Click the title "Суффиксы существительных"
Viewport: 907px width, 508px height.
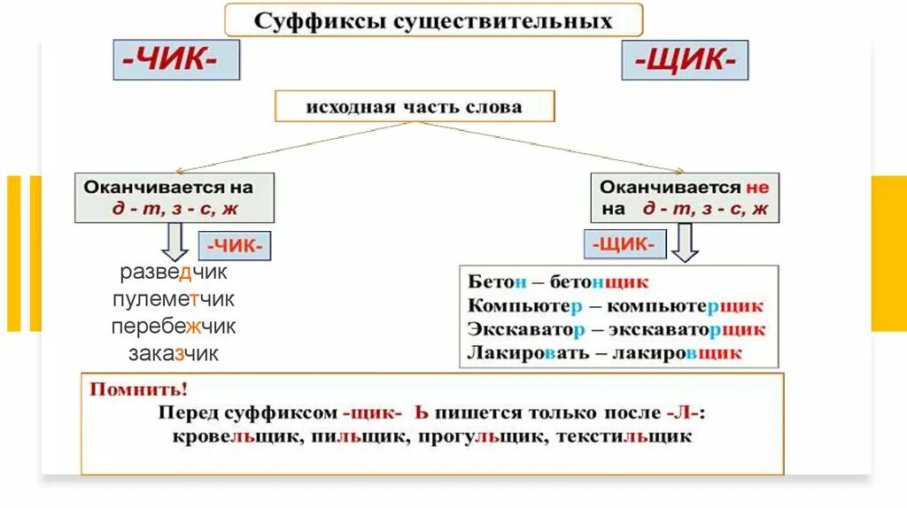(433, 20)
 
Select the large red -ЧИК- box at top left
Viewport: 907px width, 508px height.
(176, 59)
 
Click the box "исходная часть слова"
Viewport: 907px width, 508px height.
(414, 107)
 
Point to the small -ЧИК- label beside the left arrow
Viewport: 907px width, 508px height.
(238, 244)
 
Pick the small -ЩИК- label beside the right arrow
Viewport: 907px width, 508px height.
(620, 242)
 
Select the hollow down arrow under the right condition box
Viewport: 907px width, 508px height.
(685, 242)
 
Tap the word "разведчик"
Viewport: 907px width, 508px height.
(174, 273)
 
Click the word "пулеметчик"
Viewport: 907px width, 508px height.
(174, 299)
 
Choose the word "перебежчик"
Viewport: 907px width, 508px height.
(174, 327)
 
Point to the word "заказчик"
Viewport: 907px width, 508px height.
(174, 354)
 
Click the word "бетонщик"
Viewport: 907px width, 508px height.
(599, 282)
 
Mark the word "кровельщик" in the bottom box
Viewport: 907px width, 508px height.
(224, 436)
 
